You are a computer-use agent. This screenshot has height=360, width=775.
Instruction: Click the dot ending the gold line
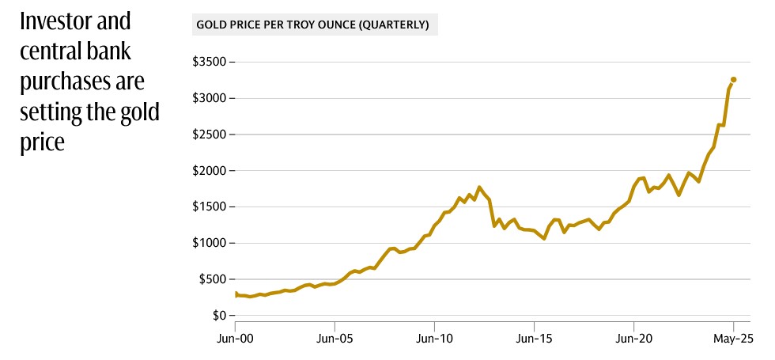click(x=733, y=79)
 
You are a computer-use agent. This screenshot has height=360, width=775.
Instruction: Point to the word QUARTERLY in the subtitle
click(x=393, y=25)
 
